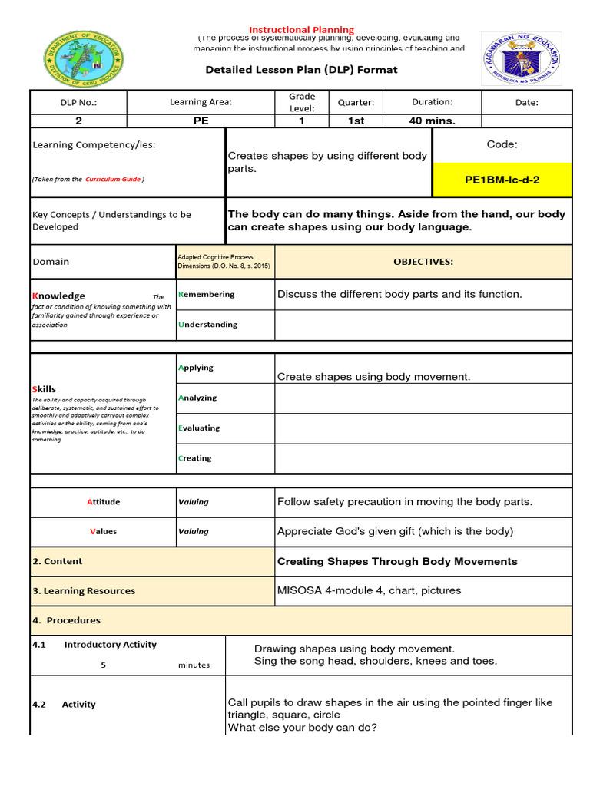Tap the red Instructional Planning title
[300, 30]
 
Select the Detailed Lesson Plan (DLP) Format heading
[301, 70]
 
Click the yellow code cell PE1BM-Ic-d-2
[502, 180]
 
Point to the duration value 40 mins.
[432, 121]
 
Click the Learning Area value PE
[201, 121]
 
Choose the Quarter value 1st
[356, 121]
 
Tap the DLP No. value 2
[78, 121]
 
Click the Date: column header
[526, 102]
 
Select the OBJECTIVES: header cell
[423, 262]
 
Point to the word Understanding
[207, 325]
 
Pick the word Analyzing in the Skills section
[197, 398]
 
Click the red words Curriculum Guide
[113, 179]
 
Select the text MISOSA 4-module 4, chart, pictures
[369, 590]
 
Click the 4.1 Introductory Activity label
[94, 645]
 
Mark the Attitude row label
[103, 502]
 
